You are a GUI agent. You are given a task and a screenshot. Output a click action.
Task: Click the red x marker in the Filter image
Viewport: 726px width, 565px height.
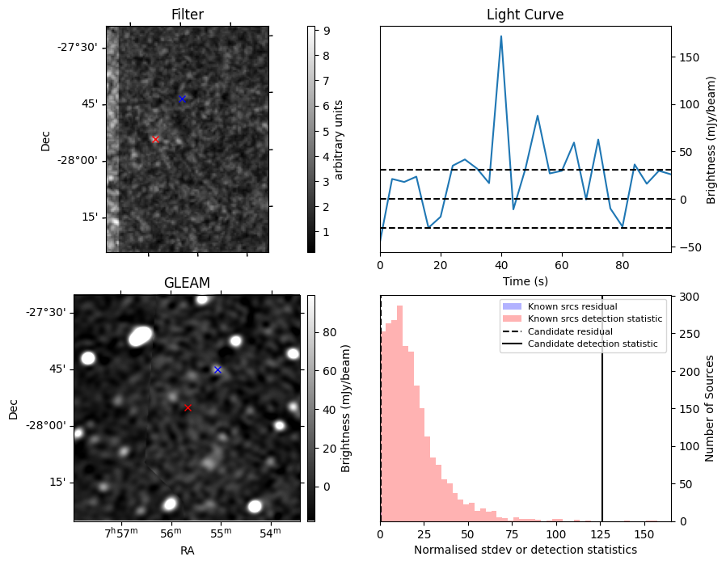tap(155, 139)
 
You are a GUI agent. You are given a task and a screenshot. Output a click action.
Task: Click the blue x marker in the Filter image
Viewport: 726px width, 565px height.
tap(182, 99)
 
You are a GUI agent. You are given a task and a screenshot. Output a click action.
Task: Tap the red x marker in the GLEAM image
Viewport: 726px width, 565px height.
tap(188, 407)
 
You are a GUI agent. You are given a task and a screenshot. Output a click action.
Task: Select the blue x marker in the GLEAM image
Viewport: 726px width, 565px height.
tap(217, 369)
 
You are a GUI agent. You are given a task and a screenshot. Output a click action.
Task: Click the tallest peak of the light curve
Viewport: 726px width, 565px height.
tap(501, 36)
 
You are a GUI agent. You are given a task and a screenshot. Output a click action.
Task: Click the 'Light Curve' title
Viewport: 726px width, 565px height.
tap(525, 15)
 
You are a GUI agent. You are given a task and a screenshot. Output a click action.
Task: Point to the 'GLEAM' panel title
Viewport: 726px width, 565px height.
tap(187, 283)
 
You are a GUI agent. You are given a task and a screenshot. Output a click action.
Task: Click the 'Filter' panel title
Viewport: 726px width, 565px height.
tap(187, 15)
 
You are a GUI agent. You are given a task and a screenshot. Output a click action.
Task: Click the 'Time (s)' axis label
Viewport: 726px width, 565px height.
tap(525, 280)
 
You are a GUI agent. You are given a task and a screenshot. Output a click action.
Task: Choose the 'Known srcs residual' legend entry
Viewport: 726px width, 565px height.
tap(572, 307)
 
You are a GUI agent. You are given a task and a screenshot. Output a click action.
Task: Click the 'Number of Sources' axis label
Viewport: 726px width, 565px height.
tap(710, 408)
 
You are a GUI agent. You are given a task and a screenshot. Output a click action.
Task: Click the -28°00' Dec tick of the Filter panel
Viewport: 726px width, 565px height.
tap(78, 160)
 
